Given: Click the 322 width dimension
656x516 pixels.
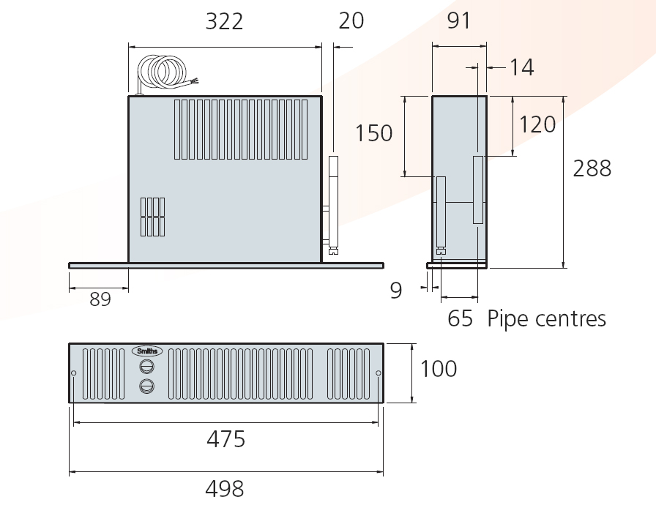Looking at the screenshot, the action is [x=224, y=22].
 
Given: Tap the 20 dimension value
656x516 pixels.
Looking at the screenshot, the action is [x=351, y=21].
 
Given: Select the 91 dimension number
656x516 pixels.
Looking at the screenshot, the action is [x=459, y=21].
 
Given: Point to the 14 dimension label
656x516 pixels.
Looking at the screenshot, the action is [x=522, y=67].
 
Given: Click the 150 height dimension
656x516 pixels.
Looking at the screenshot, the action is [x=373, y=133].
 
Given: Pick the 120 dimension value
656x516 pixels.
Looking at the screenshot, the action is [x=537, y=124].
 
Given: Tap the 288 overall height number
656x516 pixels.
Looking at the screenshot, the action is [x=592, y=168].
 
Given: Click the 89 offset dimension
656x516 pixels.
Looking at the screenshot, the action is [x=100, y=299].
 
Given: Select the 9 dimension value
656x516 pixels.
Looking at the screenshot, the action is [x=396, y=290].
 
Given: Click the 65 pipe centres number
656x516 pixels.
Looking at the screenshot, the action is [x=461, y=318].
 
